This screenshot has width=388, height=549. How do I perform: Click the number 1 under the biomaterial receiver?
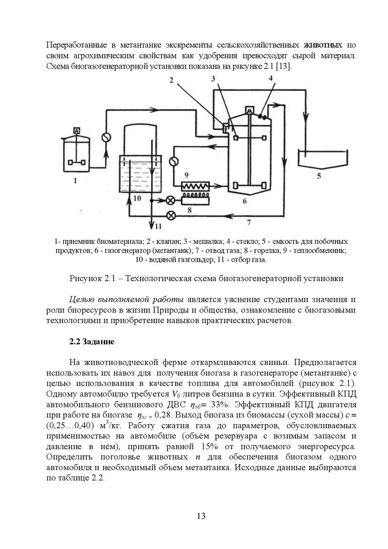76,181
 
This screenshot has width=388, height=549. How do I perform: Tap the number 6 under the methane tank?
244,201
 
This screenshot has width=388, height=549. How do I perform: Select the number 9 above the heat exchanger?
186,175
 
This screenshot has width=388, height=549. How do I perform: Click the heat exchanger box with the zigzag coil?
197,187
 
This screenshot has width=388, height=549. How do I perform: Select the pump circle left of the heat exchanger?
174,161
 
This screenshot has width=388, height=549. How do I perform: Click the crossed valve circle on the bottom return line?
171,216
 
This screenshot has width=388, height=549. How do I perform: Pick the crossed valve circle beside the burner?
171,200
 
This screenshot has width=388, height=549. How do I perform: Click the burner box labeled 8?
197,199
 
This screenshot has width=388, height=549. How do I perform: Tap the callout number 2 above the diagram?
170,81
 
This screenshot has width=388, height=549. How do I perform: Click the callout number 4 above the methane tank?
271,79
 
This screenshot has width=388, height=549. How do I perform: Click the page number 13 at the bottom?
200,516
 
